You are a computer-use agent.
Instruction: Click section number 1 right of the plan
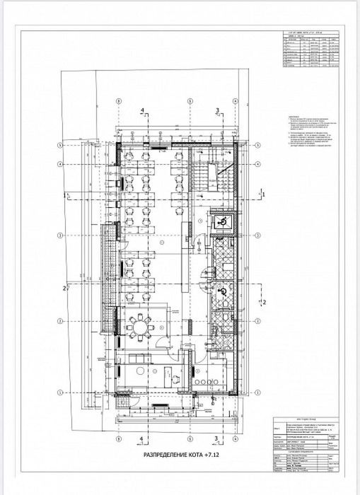click(x=262, y=192)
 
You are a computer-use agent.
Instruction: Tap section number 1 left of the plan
click(x=64, y=193)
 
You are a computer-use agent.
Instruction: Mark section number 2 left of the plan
click(x=64, y=289)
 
